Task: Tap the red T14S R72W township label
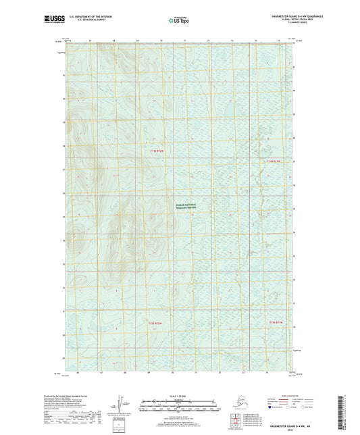(x=156, y=151)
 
